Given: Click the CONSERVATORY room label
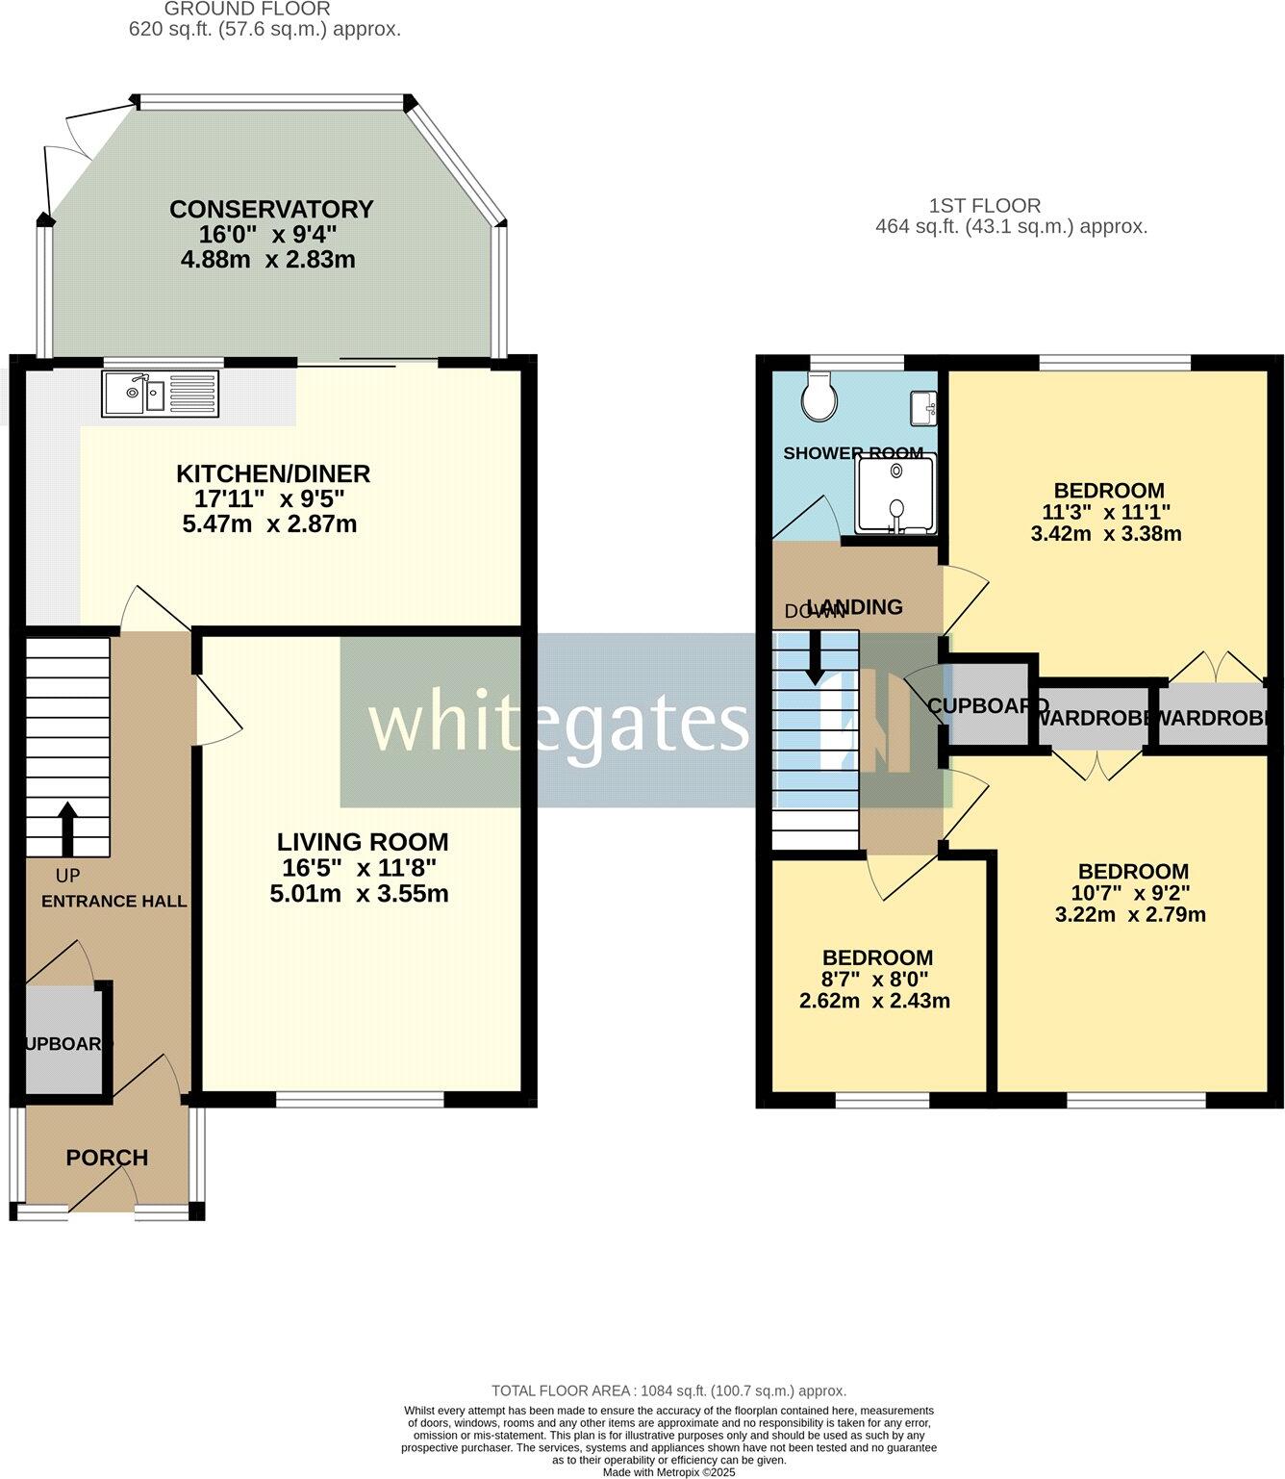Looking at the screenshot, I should click(270, 209).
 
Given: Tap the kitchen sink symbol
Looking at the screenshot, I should click(161, 394).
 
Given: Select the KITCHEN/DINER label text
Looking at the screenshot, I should click(272, 473).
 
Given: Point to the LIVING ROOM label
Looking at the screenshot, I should click(362, 842).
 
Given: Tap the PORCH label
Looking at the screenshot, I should click(107, 1158).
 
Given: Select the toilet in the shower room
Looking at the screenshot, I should click(820, 398).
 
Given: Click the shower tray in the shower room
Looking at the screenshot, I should click(895, 494).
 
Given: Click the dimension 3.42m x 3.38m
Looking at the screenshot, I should click(1105, 533).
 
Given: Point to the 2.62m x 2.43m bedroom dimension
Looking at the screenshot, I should click(874, 1001).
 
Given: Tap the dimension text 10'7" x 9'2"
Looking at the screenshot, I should click(1131, 893).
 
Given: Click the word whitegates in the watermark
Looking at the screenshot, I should click(557, 724).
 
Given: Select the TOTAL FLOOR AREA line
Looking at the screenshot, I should click(668, 1390).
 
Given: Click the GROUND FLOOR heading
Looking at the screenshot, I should click(247, 10).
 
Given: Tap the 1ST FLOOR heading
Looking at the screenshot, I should click(984, 205).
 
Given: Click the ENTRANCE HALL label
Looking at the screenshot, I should click(113, 902).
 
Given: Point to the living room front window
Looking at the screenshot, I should click(362, 1097).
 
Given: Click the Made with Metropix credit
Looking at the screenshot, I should click(668, 1472).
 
